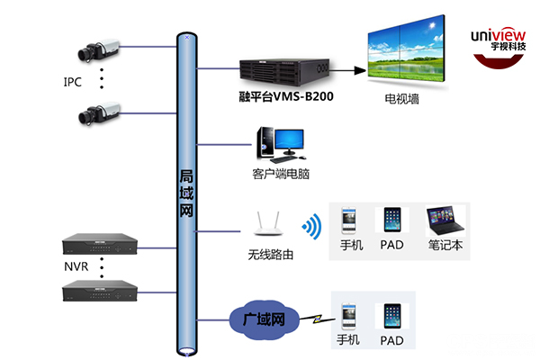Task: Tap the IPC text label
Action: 73,82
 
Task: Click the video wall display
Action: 405,53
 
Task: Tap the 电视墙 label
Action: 402,99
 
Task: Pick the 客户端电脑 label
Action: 280,171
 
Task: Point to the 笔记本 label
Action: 445,244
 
